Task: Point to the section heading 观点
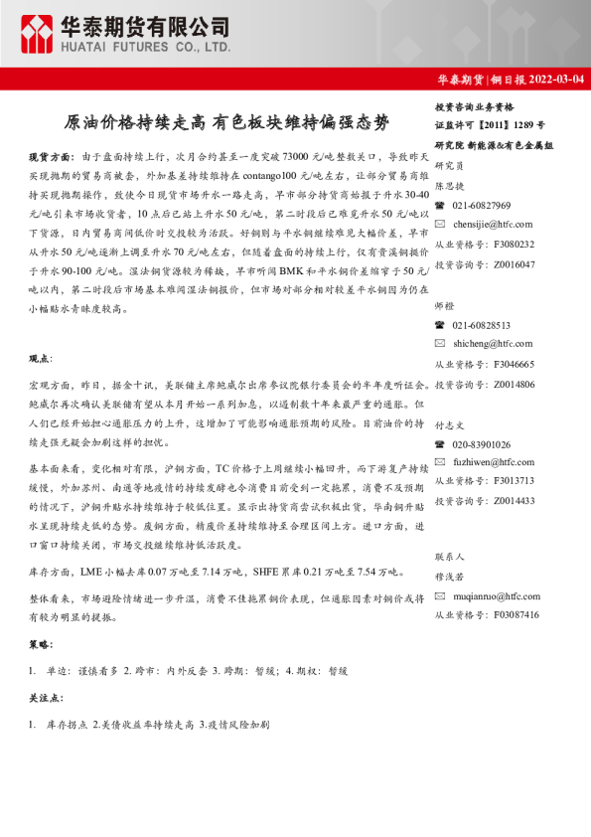point(41,357)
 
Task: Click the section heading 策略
point(41,644)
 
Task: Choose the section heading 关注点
point(45,699)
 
